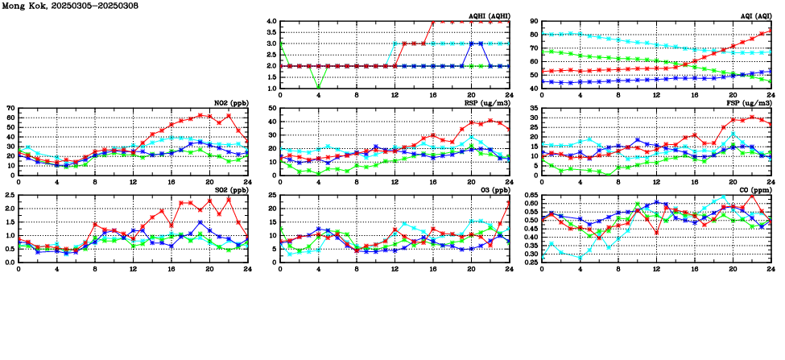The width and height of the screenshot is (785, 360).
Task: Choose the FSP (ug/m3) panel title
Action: coord(750,102)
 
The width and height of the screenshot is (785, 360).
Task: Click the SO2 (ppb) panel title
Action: coord(233,189)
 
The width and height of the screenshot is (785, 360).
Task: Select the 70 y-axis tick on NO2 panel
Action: coord(10,108)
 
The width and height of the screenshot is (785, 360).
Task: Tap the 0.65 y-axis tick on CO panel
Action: coord(530,195)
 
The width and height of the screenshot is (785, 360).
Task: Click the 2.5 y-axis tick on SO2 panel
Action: coord(8,195)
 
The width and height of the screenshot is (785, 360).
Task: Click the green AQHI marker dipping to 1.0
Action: coord(318,88)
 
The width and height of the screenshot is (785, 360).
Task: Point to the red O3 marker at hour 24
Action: coord(510,203)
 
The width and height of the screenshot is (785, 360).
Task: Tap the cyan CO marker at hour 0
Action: coord(542,258)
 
